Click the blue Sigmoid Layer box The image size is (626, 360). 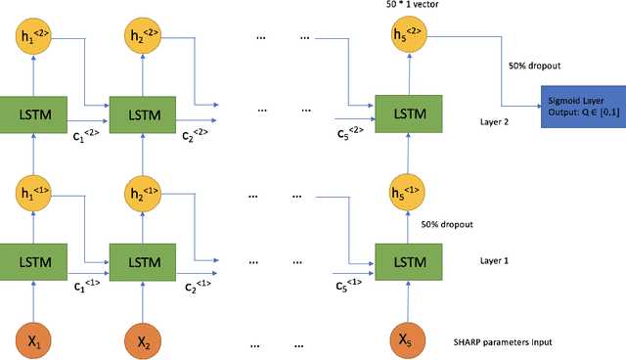point(581,101)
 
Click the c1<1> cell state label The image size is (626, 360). point(88,286)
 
